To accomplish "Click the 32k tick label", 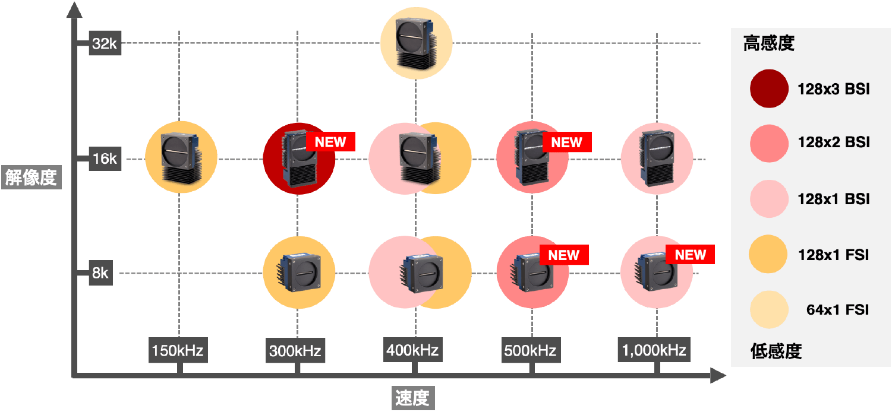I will pyautogui.click(x=105, y=43).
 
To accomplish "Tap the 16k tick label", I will pyautogui.click(x=105, y=159).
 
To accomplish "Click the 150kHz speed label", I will pyautogui.click(x=178, y=350).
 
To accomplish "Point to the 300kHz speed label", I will pyautogui.click(x=295, y=351).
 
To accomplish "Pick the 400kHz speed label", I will pyautogui.click(x=412, y=350).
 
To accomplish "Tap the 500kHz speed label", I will pyautogui.click(x=529, y=351).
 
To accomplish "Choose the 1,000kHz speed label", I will pyautogui.click(x=654, y=350).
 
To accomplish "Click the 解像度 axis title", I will pyautogui.click(x=31, y=177).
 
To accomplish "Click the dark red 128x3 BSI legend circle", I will pyautogui.click(x=769, y=89).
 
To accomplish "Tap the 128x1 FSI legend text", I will pyautogui.click(x=833, y=255).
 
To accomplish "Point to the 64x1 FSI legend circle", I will pyautogui.click(x=769, y=309).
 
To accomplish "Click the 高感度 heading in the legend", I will pyautogui.click(x=769, y=43).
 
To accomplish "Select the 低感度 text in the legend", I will pyautogui.click(x=776, y=351).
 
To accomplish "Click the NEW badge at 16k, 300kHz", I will pyautogui.click(x=330, y=142).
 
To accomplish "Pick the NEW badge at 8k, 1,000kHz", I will pyautogui.click(x=690, y=255).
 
